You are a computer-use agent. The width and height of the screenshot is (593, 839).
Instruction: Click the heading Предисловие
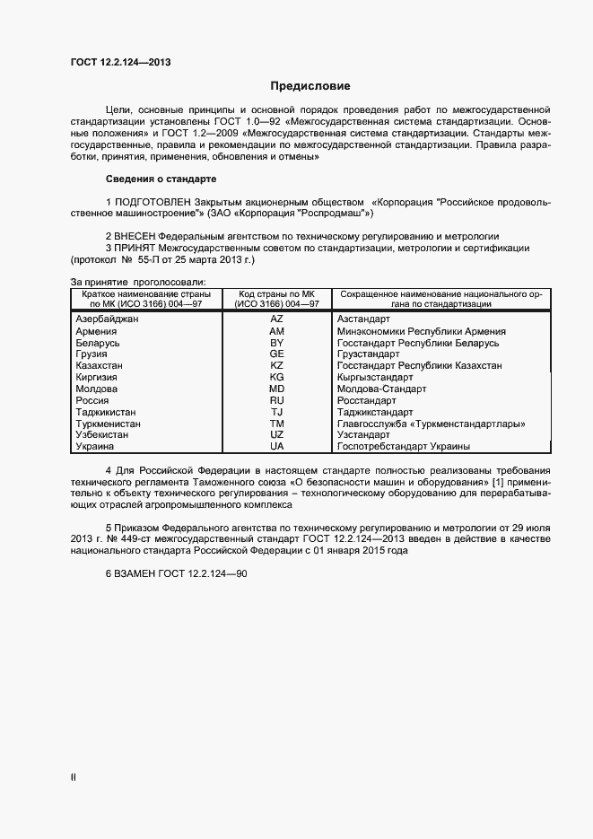[310, 86]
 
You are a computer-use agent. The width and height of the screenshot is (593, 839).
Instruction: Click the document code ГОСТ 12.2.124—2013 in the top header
[120, 63]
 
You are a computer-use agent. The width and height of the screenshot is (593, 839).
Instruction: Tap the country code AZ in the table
[276, 319]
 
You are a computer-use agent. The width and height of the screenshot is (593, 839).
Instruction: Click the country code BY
[276, 343]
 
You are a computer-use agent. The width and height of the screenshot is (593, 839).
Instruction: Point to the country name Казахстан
[100, 365]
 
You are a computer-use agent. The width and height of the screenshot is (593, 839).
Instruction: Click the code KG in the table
[276, 377]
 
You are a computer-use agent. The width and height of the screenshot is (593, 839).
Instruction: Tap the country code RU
[276, 400]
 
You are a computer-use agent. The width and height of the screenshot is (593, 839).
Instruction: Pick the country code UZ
[276, 434]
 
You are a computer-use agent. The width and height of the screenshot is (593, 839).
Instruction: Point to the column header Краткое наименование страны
[146, 293]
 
